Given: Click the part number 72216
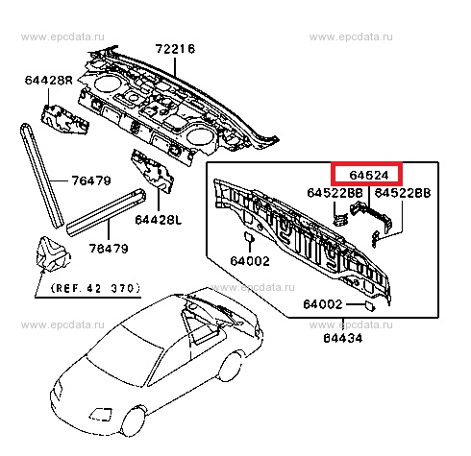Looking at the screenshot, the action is click(x=175, y=49).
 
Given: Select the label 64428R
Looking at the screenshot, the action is click(x=49, y=80).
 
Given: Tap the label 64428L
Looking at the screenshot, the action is click(x=159, y=220).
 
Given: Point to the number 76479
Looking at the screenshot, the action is click(x=91, y=180).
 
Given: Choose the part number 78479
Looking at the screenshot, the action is click(x=109, y=249).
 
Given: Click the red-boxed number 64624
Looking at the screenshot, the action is click(x=369, y=176).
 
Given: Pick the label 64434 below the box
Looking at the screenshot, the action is click(x=343, y=338).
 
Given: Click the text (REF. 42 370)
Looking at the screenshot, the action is click(x=96, y=288).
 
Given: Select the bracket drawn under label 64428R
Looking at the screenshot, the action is click(x=64, y=119).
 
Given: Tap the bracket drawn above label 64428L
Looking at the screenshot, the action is click(x=153, y=171).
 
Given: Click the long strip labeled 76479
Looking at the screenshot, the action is click(x=41, y=176).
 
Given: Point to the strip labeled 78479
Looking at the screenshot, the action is click(x=106, y=212).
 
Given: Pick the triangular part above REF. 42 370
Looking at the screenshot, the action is click(x=53, y=253).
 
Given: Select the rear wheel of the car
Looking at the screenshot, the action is click(x=231, y=367).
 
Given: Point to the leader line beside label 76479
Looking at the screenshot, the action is click(x=59, y=180).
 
